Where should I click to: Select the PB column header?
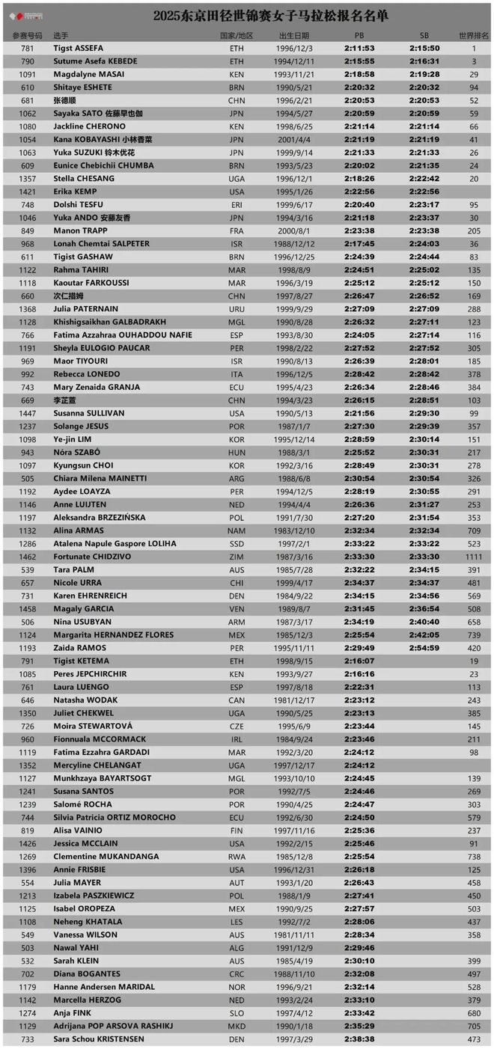point(359,35)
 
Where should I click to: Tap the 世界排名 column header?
point(474,35)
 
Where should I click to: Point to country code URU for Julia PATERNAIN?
point(237,308)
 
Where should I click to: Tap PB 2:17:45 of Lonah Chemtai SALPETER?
point(359,243)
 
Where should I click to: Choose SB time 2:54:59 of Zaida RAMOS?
point(424,648)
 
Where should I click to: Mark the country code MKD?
point(237,1026)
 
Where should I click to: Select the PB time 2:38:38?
point(359,1039)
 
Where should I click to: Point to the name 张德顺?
point(64,100)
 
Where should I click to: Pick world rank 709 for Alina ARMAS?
point(474,530)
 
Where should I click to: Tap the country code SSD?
point(237,543)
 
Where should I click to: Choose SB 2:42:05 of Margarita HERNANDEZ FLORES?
point(424,634)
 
